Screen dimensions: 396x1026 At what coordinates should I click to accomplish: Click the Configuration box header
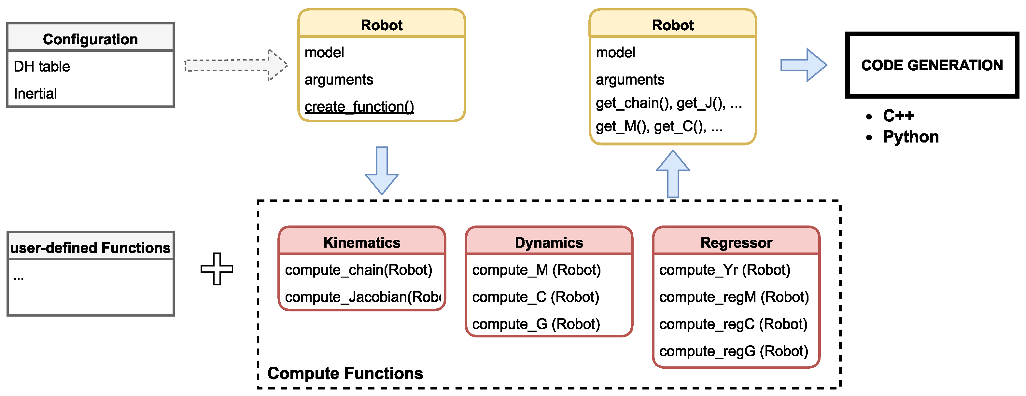(91, 39)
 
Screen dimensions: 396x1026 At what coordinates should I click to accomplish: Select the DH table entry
(42, 66)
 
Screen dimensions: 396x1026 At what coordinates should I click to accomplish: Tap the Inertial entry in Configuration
(35, 93)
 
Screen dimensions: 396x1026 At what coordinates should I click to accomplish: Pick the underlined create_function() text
(359, 107)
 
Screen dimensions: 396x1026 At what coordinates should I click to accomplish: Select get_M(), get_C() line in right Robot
(659, 127)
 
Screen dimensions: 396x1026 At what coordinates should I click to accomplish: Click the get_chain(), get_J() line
(668, 103)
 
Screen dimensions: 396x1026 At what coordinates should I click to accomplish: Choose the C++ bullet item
(898, 116)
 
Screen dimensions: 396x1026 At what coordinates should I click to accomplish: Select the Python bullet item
(910, 137)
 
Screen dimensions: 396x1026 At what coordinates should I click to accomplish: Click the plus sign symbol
(217, 269)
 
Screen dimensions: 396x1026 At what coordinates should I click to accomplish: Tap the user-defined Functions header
(91, 248)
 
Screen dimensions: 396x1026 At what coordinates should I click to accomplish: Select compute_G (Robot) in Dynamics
(536, 324)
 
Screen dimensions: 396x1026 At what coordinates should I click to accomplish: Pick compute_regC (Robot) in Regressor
(733, 324)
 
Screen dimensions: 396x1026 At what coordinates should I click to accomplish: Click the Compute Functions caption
(345, 373)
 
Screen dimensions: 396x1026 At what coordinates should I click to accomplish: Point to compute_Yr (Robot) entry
(724, 270)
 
